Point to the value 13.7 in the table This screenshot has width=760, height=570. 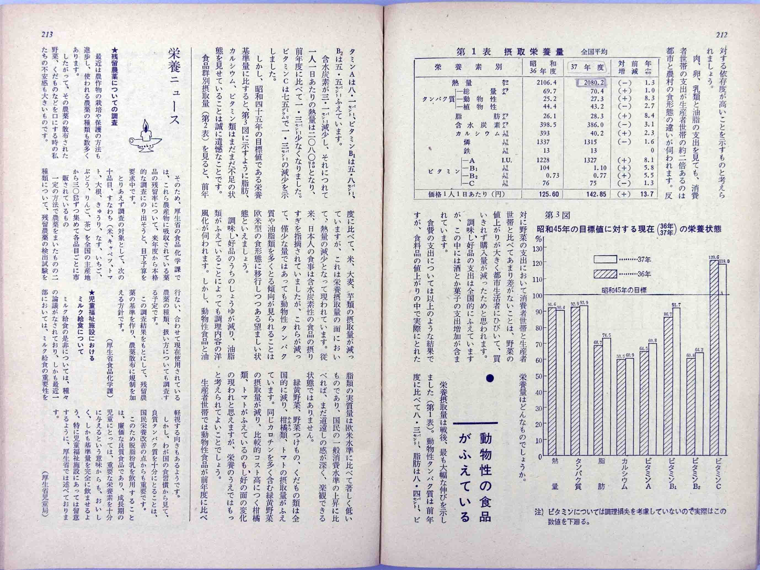pyautogui.click(x=647, y=194)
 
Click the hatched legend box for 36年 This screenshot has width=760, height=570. pyautogui.click(x=605, y=274)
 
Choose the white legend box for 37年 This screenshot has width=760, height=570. pyautogui.click(x=605, y=259)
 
